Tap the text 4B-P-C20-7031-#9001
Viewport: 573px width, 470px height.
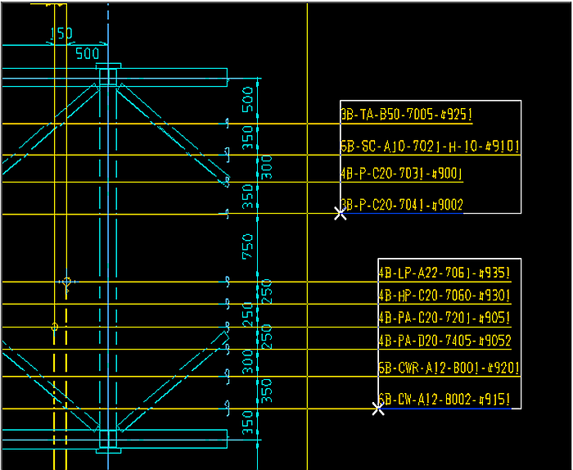[x=401, y=173]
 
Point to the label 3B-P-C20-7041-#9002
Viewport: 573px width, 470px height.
[x=401, y=205]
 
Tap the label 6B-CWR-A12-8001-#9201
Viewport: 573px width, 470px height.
[x=449, y=368]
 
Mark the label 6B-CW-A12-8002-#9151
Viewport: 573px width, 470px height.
[x=444, y=400]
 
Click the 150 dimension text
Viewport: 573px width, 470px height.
[x=61, y=34]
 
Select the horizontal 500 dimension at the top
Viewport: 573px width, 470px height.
[x=88, y=54]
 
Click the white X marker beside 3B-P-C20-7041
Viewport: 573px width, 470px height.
[x=341, y=214]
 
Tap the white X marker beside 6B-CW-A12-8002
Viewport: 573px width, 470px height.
[x=378, y=408]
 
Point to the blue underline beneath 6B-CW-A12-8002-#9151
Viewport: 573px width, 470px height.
[x=446, y=408]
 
